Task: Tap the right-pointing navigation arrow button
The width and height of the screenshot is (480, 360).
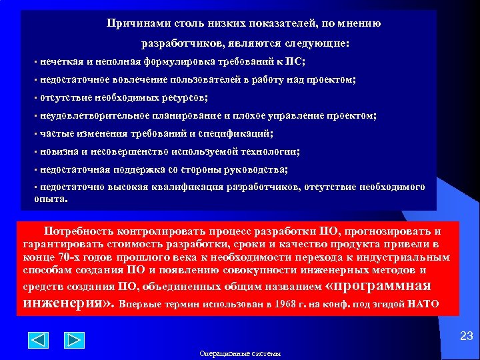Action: (x=74, y=341)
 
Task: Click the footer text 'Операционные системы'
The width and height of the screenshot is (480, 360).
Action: (x=240, y=353)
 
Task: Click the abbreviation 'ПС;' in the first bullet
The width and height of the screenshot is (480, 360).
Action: (x=295, y=61)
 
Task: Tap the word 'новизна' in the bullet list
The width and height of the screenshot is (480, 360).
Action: (x=59, y=151)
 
